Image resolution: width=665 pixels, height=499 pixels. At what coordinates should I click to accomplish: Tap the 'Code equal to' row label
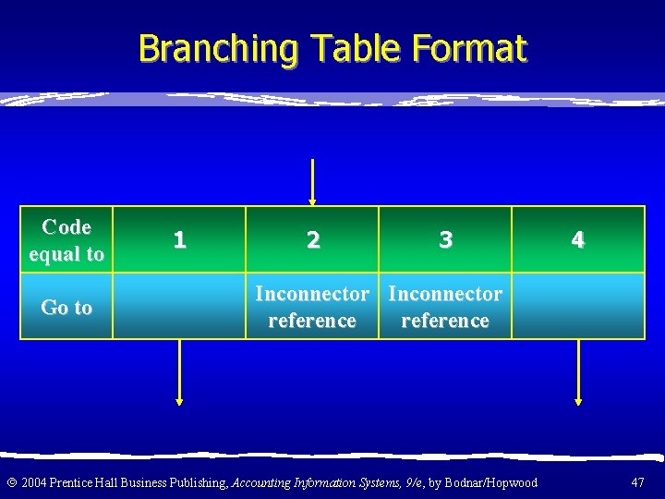[x=66, y=240]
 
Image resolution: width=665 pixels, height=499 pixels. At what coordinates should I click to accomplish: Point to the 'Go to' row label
[x=66, y=307]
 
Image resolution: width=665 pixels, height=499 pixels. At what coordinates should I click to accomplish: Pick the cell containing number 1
[x=179, y=240]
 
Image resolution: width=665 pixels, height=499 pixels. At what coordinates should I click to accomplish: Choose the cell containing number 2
[x=312, y=240]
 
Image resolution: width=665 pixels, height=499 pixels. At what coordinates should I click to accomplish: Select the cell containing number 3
[x=445, y=240]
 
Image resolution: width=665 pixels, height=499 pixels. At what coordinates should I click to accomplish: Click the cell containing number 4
[x=577, y=240]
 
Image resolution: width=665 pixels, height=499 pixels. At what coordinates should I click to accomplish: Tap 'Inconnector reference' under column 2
[x=312, y=307]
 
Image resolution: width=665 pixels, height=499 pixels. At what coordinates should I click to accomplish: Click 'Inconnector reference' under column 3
[x=445, y=307]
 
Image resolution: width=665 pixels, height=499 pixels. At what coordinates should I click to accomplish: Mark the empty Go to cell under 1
[x=179, y=307]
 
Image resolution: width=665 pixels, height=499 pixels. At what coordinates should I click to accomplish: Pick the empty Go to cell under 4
[x=577, y=307]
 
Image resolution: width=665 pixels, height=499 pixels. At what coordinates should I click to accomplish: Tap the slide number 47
[x=637, y=482]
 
